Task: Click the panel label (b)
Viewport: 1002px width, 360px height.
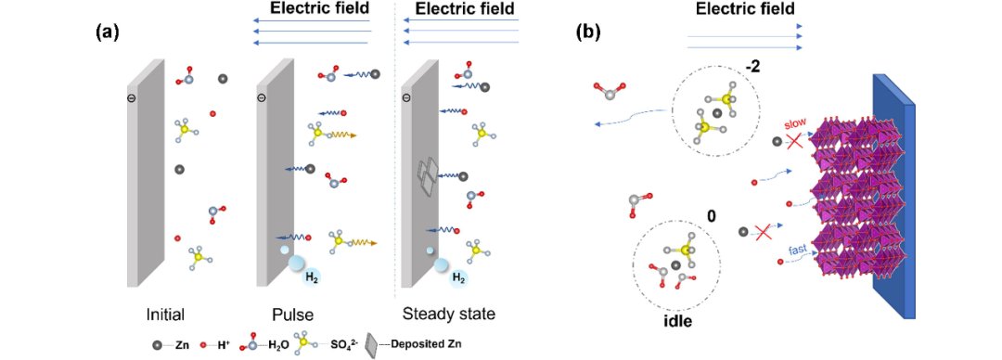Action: click(587, 32)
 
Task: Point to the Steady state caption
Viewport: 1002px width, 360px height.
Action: click(449, 315)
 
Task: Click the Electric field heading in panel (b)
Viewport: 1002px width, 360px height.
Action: click(745, 8)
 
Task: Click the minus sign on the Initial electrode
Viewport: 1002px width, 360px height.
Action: click(132, 97)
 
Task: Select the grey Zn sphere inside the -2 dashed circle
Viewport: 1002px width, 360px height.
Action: click(717, 113)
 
